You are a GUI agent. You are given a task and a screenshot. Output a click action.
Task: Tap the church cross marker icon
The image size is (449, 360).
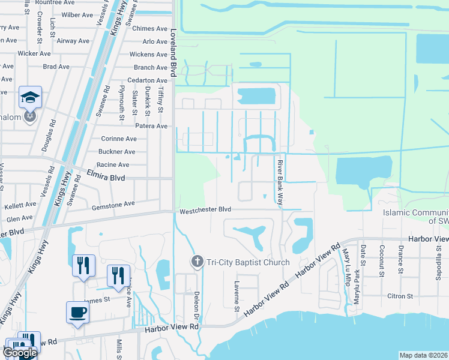[196, 262]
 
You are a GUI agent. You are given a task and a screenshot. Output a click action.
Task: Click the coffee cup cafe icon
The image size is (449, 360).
[77, 311]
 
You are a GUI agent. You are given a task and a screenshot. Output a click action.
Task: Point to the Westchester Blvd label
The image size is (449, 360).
[204, 210]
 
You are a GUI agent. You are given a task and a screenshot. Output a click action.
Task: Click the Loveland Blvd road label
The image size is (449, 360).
[173, 53]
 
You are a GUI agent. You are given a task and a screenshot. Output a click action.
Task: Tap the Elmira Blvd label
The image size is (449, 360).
[108, 178]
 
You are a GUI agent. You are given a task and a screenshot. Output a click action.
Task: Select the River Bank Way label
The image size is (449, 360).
[279, 182]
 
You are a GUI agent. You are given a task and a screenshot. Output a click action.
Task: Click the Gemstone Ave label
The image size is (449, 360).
[113, 204]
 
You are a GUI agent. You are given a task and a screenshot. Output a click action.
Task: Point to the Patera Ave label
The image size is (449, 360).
[152, 127]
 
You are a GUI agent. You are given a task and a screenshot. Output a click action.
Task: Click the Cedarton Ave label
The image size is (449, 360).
[147, 80]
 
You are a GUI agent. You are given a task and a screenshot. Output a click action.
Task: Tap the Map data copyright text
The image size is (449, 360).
[423, 355]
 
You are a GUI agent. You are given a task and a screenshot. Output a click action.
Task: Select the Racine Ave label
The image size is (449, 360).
[113, 164]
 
